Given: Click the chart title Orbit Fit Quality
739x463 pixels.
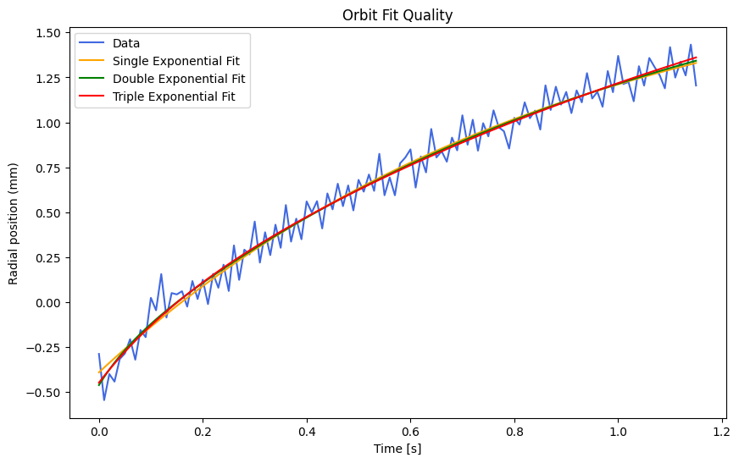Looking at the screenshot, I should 397,15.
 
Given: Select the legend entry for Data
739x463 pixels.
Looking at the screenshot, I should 126,43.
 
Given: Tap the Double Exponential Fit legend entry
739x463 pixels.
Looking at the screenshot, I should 179,79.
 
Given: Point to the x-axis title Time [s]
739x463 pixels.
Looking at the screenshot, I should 397,449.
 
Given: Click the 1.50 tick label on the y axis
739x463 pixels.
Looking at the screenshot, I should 48,33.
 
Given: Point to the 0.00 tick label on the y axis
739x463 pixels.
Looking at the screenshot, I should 48,302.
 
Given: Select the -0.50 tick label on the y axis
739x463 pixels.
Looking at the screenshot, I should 45,392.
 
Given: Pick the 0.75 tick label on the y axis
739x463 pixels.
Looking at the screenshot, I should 48,168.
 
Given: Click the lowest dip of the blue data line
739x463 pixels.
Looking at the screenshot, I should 104,400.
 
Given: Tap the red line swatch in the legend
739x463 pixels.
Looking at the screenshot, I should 92,97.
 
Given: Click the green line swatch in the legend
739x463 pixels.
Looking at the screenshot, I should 92,80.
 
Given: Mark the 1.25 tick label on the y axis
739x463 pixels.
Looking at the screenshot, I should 48,78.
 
